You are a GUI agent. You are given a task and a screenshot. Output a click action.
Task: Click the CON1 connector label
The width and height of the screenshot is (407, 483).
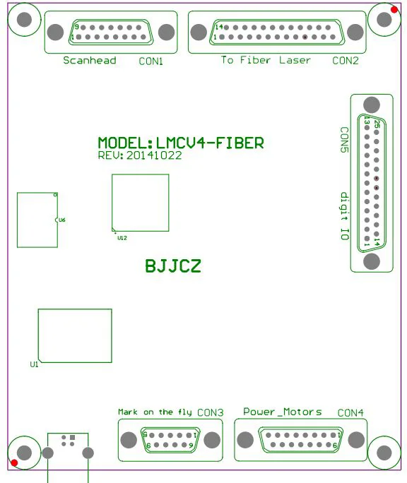tap(151, 61)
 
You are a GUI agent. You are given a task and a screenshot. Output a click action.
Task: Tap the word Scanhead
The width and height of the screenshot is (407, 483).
tap(90, 61)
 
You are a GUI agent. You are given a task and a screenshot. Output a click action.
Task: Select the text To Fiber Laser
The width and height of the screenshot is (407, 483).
tap(266, 61)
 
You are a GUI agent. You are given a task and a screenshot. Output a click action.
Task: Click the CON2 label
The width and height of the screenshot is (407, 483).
tap(346, 61)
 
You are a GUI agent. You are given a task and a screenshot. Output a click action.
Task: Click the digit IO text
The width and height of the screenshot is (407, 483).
tap(344, 216)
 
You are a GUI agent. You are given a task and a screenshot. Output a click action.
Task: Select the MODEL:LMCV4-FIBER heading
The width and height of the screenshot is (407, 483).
tap(181, 143)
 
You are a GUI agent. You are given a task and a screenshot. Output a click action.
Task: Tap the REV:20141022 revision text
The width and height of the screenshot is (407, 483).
tap(140, 155)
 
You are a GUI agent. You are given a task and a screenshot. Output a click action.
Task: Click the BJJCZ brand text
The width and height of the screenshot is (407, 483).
tap(173, 266)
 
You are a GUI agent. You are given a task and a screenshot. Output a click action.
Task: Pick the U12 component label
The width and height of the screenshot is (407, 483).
tap(122, 238)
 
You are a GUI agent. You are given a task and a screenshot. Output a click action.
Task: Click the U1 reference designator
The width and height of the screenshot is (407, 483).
tap(34, 364)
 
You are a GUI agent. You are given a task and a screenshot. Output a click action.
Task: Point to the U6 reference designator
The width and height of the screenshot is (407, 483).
tap(62, 220)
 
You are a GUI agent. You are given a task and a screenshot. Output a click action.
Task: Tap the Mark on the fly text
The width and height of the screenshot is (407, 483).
tap(155, 412)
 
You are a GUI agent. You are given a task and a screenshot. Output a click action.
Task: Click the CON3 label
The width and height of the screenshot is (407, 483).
tap(211, 412)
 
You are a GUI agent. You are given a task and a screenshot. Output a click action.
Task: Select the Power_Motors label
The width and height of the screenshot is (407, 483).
tap(283, 412)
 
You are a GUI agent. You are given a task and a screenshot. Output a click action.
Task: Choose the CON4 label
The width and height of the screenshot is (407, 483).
tap(350, 412)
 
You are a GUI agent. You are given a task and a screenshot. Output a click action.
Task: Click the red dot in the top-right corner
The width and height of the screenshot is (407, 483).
tap(394, 9)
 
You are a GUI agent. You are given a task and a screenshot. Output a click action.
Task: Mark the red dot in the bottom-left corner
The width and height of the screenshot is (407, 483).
tap(13, 463)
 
